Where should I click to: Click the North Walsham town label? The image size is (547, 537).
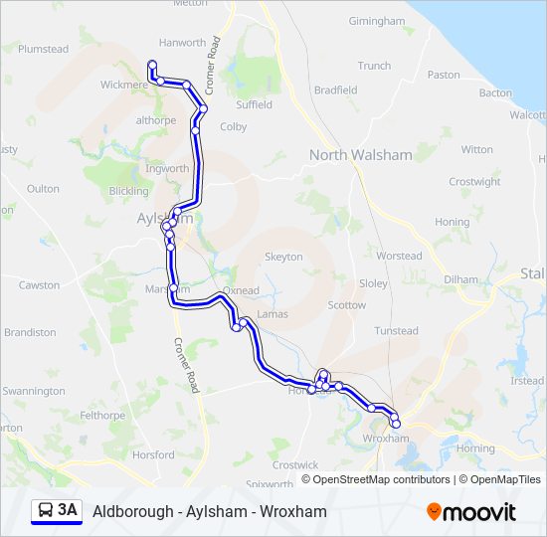[x=360, y=154]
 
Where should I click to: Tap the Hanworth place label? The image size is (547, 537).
[x=182, y=43]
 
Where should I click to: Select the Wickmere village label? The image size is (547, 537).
[x=123, y=85]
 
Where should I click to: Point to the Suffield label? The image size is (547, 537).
[x=254, y=104]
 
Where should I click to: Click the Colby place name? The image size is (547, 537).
[x=233, y=127]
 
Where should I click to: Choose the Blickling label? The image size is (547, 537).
[x=129, y=191]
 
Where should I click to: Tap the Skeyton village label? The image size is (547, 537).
[x=283, y=257]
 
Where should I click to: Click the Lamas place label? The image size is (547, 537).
[x=272, y=314]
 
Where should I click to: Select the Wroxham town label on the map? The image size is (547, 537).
[x=386, y=438]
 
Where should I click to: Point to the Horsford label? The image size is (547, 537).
[x=152, y=455]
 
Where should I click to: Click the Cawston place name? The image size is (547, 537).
[x=40, y=285]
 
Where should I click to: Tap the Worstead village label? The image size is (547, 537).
[x=399, y=256]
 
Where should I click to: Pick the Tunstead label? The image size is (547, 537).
[x=396, y=331]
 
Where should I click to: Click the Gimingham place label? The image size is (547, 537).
[x=377, y=21]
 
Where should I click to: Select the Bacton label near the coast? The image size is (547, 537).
[x=494, y=92]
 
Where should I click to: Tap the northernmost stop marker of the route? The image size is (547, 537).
[x=152, y=65]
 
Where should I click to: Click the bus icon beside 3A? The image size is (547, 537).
[x=46, y=511]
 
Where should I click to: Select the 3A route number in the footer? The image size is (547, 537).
[x=68, y=511]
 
